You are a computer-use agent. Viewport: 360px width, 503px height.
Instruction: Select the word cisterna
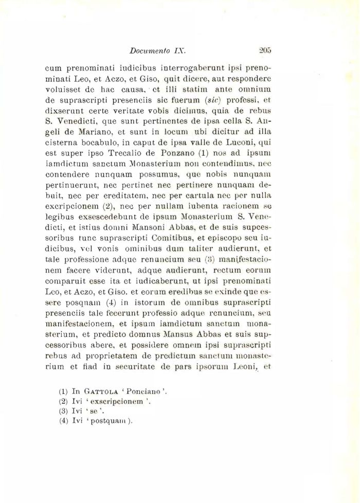(x=63, y=143)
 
